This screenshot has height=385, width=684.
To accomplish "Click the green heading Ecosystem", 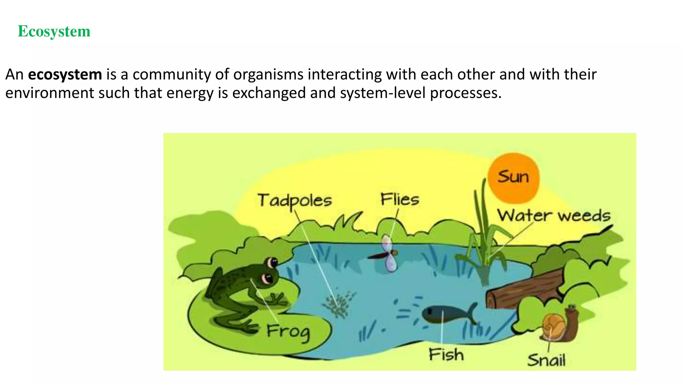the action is (x=54, y=31).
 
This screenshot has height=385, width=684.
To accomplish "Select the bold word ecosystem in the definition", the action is (x=65, y=74).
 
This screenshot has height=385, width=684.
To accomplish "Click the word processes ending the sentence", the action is (x=466, y=93).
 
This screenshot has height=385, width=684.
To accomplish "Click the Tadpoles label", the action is (x=295, y=201).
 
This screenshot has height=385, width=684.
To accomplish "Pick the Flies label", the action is (x=399, y=200).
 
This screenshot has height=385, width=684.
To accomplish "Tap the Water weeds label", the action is (x=553, y=216).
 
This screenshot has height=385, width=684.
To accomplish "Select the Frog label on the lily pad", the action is (x=288, y=332).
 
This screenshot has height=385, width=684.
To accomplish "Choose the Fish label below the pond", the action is (x=446, y=355).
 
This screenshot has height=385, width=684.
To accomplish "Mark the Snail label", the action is (x=546, y=360).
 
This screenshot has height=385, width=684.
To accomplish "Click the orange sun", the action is (x=513, y=178).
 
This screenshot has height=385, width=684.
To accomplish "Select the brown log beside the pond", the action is (x=524, y=289).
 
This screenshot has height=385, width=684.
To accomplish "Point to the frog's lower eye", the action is (x=268, y=278).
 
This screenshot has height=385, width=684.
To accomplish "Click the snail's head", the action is (x=572, y=311).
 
